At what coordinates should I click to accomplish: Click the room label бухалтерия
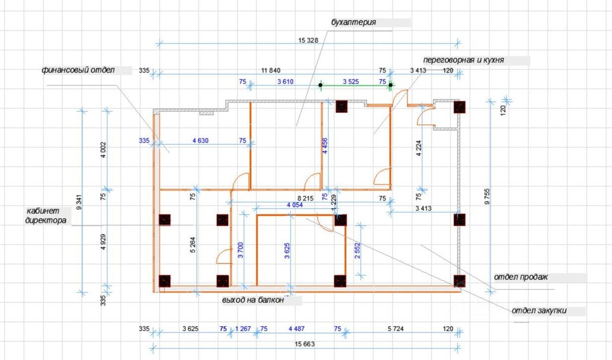pyautogui.click(x=353, y=22)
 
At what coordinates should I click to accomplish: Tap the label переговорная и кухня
pyautogui.click(x=464, y=60)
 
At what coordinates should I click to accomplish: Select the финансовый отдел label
pyautogui.click(x=78, y=70)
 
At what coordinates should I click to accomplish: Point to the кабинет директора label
pyautogui.click(x=45, y=216)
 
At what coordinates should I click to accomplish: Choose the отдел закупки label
pyautogui.click(x=539, y=311)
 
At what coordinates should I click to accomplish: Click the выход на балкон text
pyautogui.click(x=253, y=300)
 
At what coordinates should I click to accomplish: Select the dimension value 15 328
pyautogui.click(x=308, y=40)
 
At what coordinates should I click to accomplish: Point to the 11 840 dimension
pyautogui.click(x=271, y=71)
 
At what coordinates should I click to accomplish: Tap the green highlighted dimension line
pyautogui.click(x=355, y=85)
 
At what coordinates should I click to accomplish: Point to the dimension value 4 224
pyautogui.click(x=418, y=149)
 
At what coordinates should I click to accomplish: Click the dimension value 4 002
pyautogui.click(x=103, y=150)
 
